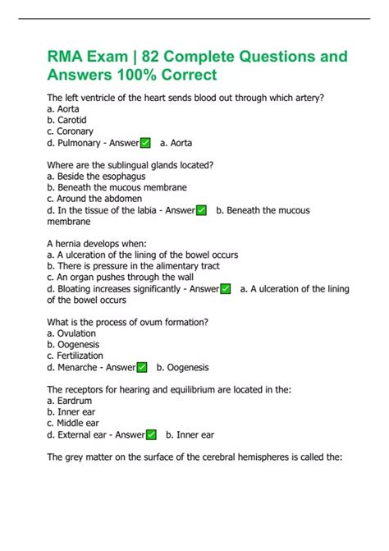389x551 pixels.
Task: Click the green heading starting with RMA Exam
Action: (x=197, y=67)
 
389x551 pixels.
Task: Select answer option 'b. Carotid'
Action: (x=68, y=120)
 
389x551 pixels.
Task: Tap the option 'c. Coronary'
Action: (x=71, y=131)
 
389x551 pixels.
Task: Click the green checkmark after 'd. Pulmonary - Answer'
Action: (x=145, y=143)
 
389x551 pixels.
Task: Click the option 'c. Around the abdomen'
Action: (x=94, y=199)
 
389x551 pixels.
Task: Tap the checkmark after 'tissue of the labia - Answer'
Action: (x=202, y=210)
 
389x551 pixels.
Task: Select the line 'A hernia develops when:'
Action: (x=97, y=244)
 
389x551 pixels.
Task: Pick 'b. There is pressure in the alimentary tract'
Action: (x=133, y=266)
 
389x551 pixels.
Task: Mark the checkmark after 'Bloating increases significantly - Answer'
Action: (x=226, y=289)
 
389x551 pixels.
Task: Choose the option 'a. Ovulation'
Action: (x=71, y=333)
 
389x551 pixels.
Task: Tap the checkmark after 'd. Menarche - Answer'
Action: (x=142, y=367)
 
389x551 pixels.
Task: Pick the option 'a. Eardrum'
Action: (x=71, y=401)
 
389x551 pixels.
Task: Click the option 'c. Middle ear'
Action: (x=75, y=423)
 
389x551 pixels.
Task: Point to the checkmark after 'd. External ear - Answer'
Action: (x=151, y=434)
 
